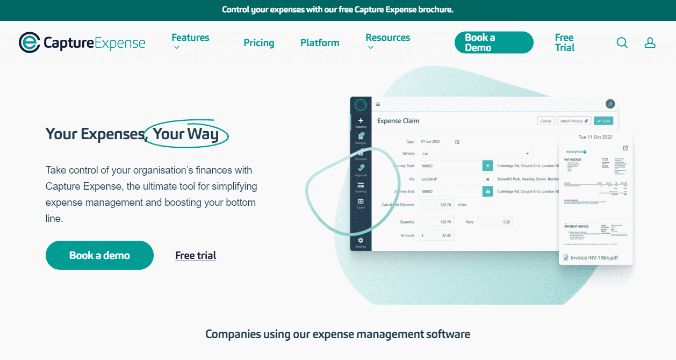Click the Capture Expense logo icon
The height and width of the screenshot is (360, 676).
29,42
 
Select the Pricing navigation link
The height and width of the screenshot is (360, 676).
258,43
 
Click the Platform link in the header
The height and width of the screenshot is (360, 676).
320,43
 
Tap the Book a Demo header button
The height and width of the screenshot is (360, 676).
494,42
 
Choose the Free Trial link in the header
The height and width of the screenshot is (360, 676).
565,42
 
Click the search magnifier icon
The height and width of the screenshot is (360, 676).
622,42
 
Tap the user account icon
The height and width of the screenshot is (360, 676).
650,42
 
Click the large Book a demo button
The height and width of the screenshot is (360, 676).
99,255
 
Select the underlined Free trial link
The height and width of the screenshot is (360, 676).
196,256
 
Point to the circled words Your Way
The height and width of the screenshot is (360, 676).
186,134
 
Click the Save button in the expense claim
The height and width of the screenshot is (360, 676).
603,121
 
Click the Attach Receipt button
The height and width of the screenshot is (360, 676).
574,121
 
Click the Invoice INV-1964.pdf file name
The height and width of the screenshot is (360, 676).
594,258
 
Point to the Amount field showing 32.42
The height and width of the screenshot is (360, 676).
436,235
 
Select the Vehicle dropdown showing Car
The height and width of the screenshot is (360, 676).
476,154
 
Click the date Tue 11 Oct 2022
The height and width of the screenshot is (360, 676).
595,137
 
